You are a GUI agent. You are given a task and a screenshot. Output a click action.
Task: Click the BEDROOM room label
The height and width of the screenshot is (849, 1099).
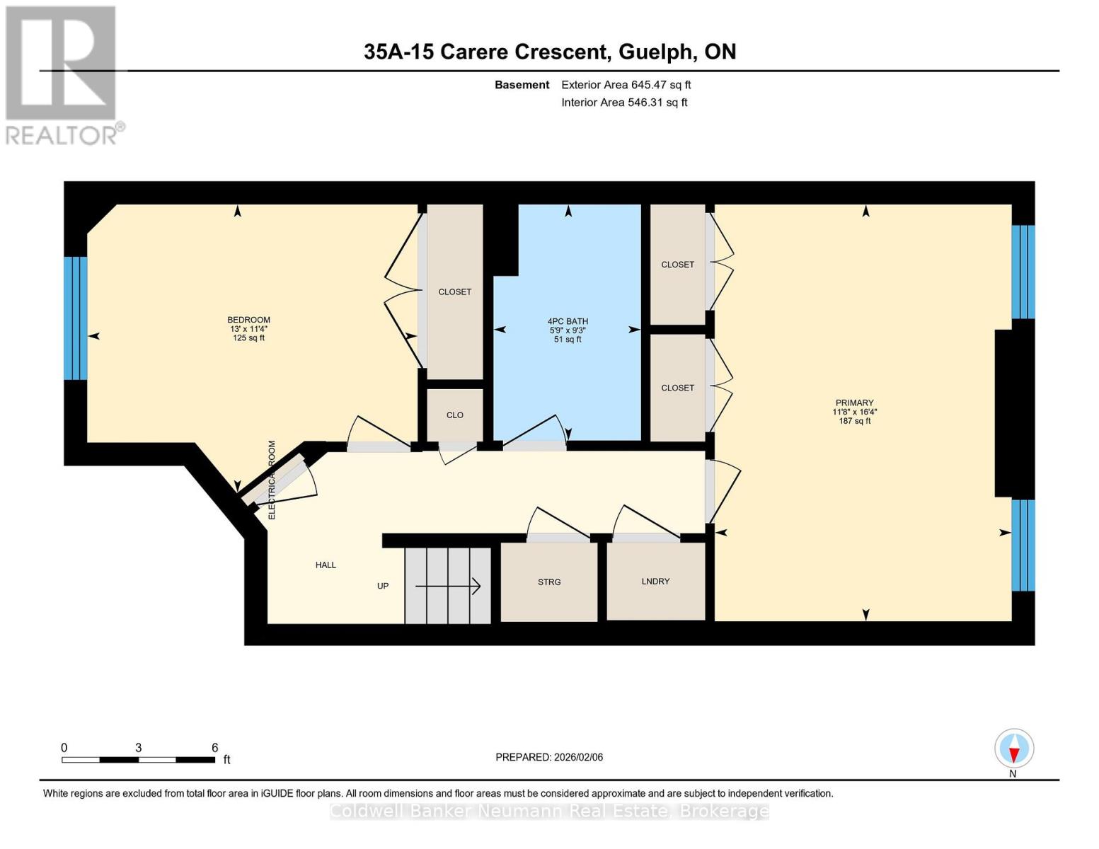[x=248, y=320]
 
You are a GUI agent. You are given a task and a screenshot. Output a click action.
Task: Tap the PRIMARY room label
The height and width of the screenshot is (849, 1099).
[x=854, y=403]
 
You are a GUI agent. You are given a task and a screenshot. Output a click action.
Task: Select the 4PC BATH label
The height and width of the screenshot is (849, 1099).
[x=568, y=321]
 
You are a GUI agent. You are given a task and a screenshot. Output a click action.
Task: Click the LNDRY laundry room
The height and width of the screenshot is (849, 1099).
[x=655, y=582]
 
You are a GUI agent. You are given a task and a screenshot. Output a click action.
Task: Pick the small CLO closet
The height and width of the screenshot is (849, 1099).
[x=454, y=415]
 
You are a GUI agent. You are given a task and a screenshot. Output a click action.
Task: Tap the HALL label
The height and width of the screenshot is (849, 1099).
[x=326, y=565]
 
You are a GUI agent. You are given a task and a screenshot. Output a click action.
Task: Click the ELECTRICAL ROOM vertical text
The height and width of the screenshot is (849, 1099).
[x=272, y=480]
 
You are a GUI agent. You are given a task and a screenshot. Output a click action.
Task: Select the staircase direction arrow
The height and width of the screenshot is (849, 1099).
[x=447, y=586]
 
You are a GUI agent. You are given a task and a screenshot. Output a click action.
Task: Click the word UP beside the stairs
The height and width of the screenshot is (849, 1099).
[x=383, y=586]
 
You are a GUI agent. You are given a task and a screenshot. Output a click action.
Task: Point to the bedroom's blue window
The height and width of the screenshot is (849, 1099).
[x=75, y=318]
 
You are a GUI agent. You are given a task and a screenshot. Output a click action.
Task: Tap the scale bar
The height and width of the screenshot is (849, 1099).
[x=139, y=759]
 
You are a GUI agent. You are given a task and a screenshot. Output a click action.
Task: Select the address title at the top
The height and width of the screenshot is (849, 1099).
[x=550, y=52]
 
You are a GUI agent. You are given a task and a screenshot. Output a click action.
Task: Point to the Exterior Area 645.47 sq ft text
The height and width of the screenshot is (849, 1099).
[x=626, y=85]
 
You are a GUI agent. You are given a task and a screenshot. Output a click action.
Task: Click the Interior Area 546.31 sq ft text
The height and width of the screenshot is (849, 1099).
[x=624, y=103]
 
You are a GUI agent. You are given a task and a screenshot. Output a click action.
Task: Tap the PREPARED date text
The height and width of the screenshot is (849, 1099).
[x=549, y=757]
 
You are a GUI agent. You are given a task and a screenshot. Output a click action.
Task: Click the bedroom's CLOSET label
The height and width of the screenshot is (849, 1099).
[x=454, y=291]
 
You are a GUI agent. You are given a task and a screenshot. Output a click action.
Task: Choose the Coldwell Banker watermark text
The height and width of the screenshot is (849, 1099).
[x=549, y=811]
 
